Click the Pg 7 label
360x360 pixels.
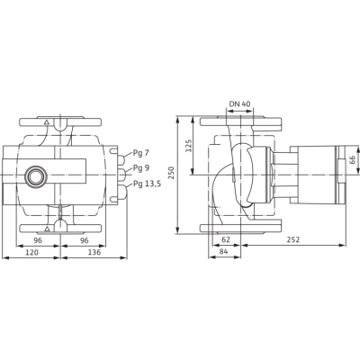141,153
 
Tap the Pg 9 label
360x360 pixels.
141,168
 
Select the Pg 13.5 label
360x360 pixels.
147,184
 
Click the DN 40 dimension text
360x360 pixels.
239,104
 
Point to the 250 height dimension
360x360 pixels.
171,173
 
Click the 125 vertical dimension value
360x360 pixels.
188,146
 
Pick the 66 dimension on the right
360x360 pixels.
352,160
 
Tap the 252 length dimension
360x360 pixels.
293,239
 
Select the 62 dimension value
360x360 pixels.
225,239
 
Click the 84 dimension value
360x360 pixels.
223,252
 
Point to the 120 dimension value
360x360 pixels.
31,253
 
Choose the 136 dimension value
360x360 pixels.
94,253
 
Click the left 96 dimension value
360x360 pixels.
38,240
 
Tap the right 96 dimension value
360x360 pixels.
85,240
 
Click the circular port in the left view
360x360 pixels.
36,175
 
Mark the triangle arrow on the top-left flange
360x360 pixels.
46,122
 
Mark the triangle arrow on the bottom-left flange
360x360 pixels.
47,229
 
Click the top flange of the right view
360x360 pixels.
240,121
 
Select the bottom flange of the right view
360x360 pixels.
240,227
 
